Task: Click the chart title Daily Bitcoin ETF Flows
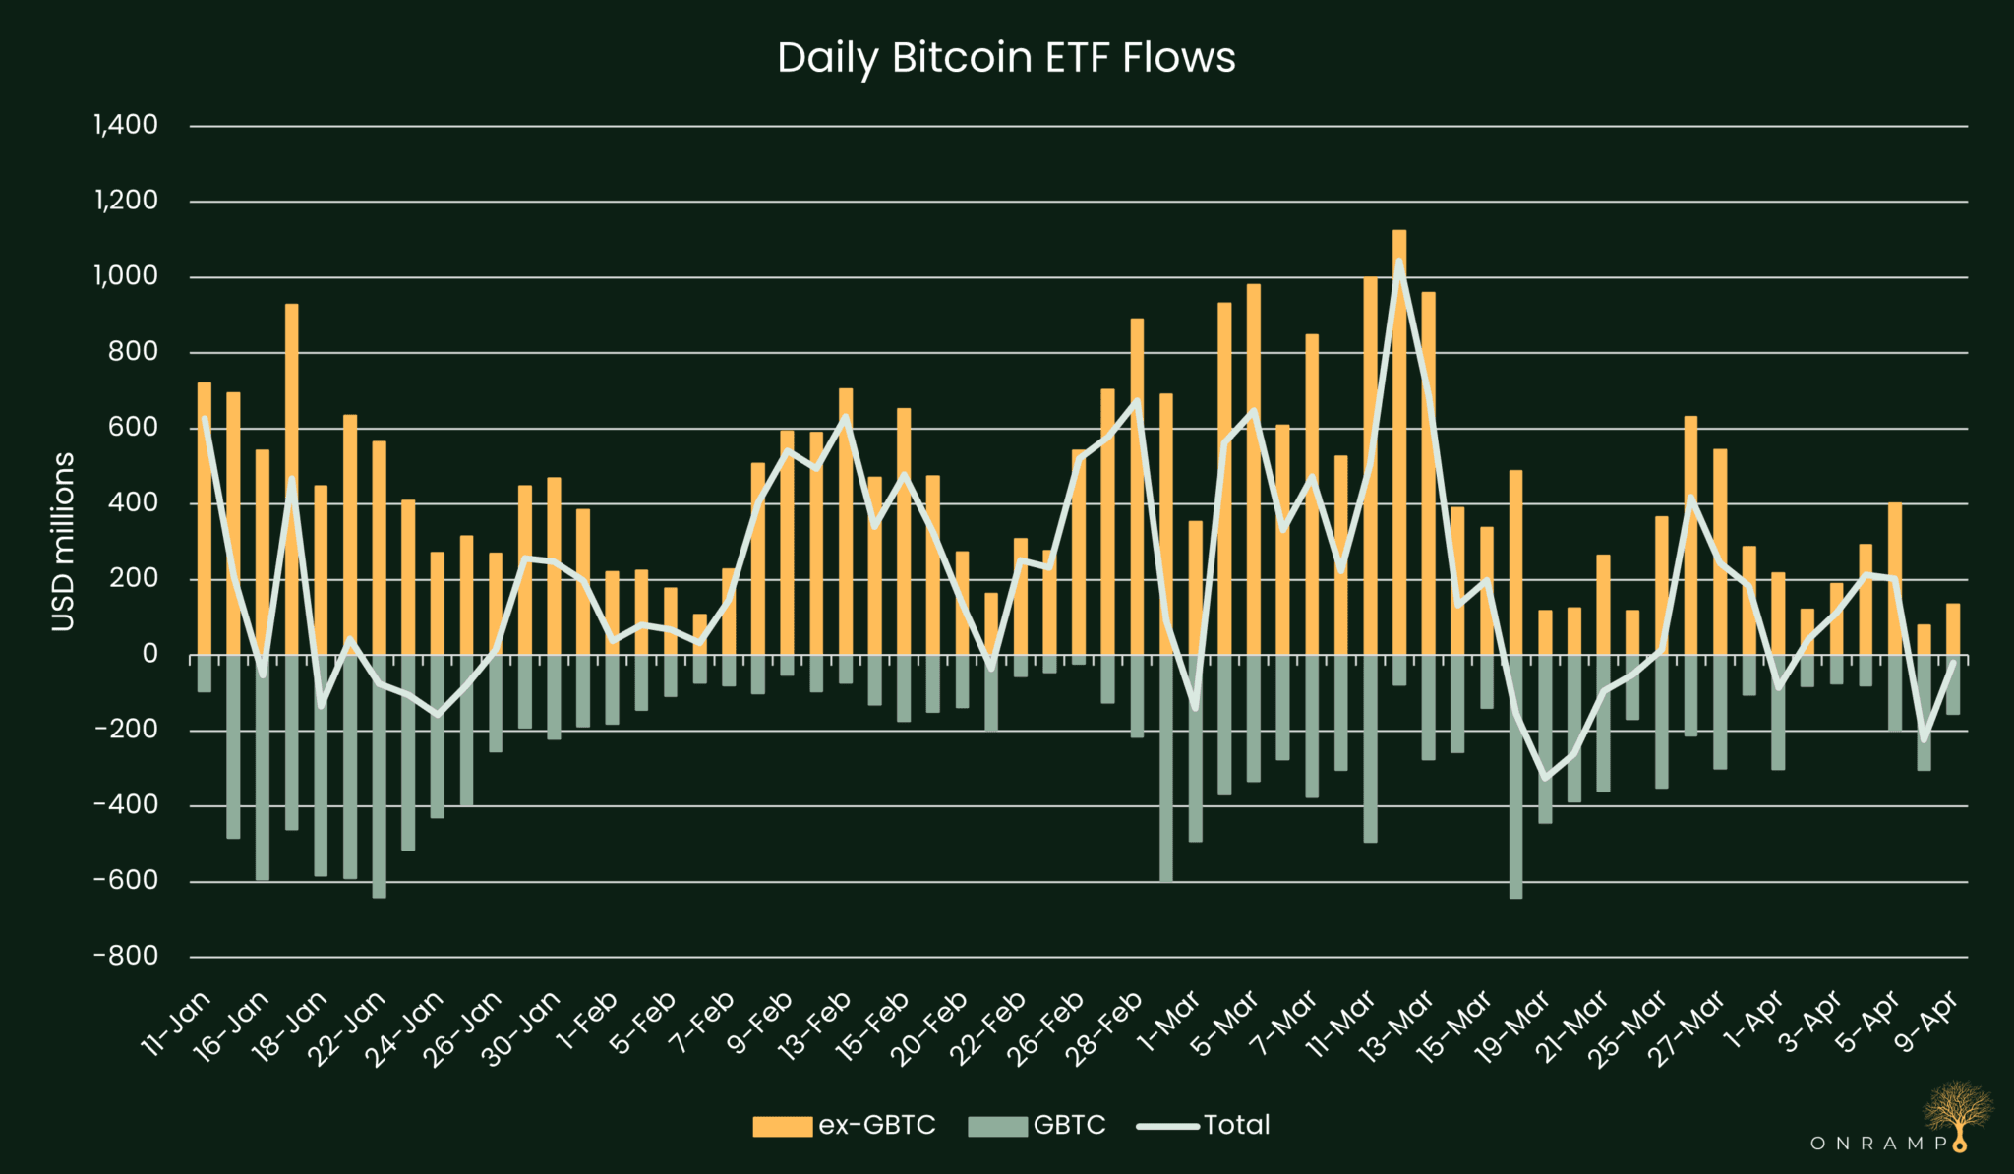click(x=1006, y=58)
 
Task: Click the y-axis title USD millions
click(x=63, y=542)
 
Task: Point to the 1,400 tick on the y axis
click(x=126, y=125)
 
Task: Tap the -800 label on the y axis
click(x=126, y=956)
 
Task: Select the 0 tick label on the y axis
click(x=149, y=654)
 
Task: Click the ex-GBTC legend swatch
click(x=782, y=1126)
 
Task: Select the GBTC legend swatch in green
click(x=997, y=1126)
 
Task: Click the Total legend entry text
click(x=1236, y=1125)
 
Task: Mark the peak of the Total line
click(x=1399, y=261)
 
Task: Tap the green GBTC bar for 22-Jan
click(x=380, y=776)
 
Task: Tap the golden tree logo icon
click(x=1958, y=1111)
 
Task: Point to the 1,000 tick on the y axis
click(x=126, y=276)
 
